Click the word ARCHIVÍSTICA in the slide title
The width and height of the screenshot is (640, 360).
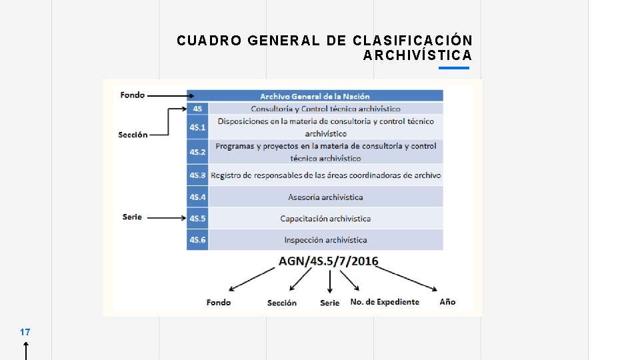(x=417, y=55)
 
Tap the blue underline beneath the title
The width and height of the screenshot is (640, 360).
(x=455, y=67)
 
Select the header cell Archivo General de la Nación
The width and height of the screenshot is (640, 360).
(x=315, y=96)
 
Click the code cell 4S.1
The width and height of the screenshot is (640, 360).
(x=197, y=127)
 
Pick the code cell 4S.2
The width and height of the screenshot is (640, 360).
(x=197, y=152)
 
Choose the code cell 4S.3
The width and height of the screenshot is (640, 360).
(x=197, y=175)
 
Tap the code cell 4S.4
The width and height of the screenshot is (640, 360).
(x=197, y=197)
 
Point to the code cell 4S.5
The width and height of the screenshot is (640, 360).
(x=197, y=218)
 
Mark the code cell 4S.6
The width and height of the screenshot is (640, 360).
(x=197, y=239)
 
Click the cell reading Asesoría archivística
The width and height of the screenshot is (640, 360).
(x=325, y=197)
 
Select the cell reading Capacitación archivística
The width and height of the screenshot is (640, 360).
(x=325, y=218)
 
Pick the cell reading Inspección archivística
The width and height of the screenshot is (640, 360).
(x=325, y=239)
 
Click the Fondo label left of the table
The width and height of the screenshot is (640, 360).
(x=133, y=95)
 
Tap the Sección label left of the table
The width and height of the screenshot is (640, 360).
(x=133, y=135)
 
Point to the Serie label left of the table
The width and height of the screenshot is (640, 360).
(x=132, y=217)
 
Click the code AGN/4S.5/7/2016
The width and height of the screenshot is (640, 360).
(x=328, y=261)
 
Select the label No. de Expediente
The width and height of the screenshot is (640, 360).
(x=385, y=302)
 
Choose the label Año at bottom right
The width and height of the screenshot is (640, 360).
(x=447, y=302)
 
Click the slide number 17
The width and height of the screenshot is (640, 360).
(x=25, y=331)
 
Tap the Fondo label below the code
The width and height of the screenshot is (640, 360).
(x=219, y=303)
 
